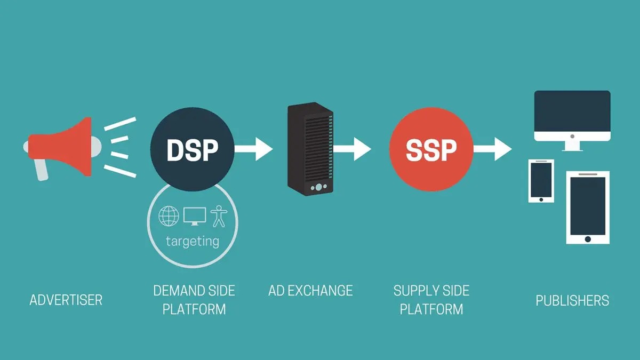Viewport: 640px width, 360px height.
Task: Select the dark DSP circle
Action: click(192, 150)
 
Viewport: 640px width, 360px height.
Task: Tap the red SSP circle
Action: click(431, 150)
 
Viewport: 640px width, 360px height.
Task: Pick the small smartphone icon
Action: click(541, 181)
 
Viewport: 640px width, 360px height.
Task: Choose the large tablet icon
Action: click(587, 207)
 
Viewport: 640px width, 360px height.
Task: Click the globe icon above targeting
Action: click(169, 215)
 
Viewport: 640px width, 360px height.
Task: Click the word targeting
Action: click(192, 241)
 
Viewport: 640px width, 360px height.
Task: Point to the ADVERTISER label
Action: click(66, 300)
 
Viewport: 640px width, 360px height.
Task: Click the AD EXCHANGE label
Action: click(310, 291)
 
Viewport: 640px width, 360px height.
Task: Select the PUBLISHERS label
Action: click(572, 300)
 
